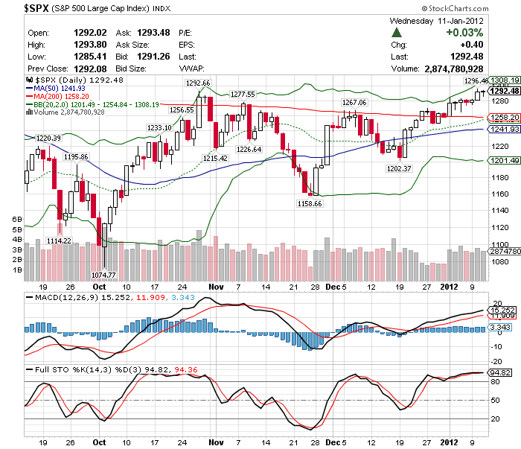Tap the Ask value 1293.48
(x=154, y=33)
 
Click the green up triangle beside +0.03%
(x=397, y=34)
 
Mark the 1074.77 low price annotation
(x=105, y=275)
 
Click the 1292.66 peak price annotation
(x=199, y=82)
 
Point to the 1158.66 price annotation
(x=309, y=203)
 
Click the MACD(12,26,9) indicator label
(x=62, y=298)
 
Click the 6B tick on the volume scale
(x=17, y=219)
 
